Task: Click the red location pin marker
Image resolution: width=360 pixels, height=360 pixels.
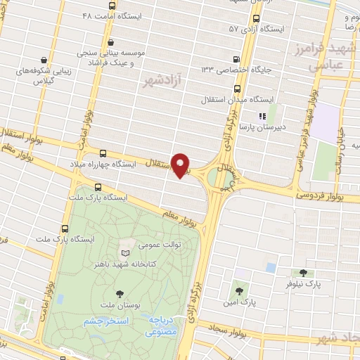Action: pyautogui.click(x=181, y=165)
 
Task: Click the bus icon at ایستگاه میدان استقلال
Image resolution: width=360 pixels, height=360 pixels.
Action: pyautogui.click(x=236, y=89)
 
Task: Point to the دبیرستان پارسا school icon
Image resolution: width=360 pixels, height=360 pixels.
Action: pyautogui.click(x=262, y=115)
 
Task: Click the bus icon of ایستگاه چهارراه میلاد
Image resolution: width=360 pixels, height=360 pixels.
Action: pyautogui.click(x=104, y=153)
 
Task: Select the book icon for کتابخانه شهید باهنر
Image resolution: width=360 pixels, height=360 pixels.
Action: pyautogui.click(x=125, y=253)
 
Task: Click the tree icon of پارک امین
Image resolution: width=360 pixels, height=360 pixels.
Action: pyautogui.click(x=240, y=290)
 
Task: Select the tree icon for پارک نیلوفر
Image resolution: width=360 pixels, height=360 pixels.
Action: pyautogui.click(x=304, y=272)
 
